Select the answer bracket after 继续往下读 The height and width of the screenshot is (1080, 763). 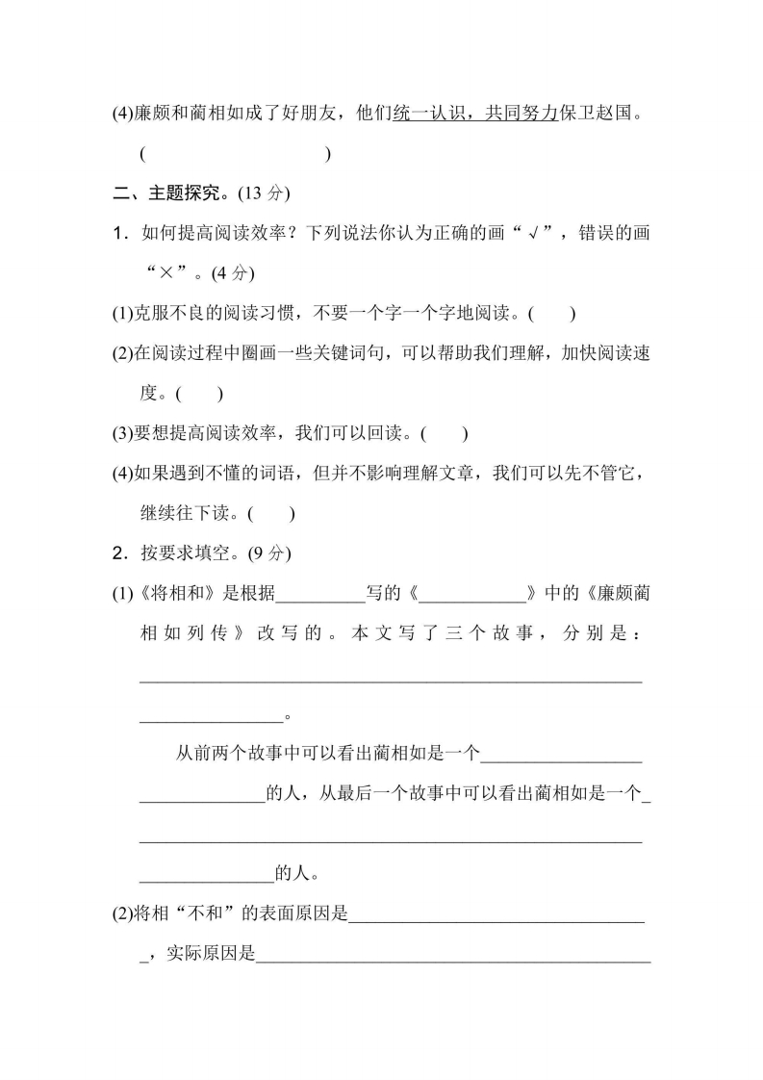click(x=270, y=514)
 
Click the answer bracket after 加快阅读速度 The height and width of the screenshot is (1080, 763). click(x=199, y=394)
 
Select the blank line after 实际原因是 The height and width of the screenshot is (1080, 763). click(x=454, y=957)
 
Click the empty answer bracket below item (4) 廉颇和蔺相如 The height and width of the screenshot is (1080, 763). click(x=235, y=153)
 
